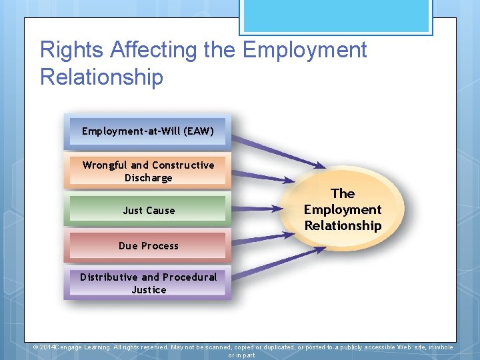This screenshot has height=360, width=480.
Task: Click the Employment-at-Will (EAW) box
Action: coord(147,131)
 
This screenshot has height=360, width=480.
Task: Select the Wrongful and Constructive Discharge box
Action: coord(147,171)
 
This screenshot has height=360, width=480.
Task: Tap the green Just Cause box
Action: coord(148,210)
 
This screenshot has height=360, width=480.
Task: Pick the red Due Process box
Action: coord(148,245)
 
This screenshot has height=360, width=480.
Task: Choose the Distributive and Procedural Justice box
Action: coord(148,283)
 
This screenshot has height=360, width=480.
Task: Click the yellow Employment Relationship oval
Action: coord(343,209)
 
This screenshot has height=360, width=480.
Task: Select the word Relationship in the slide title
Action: coord(101,77)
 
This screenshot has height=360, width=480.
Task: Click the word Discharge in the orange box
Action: coord(148,178)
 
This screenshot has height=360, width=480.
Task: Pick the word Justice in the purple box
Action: coord(149,290)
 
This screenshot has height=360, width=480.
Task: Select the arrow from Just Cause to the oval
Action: coord(257,209)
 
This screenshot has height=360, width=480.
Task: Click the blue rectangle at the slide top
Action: coord(336,17)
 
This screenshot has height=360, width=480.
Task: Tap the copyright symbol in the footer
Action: coord(37,347)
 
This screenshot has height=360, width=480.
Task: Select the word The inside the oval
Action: coord(343,193)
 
